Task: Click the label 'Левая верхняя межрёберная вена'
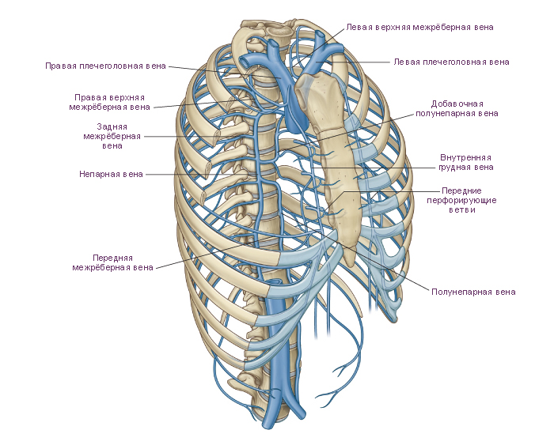pyautogui.click(x=419, y=27)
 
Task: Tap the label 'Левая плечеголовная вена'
pyautogui.click(x=452, y=62)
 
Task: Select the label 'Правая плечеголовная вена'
pyautogui.click(x=105, y=66)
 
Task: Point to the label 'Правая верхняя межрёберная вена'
pyautogui.click(x=109, y=102)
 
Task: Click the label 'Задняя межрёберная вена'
pyautogui.click(x=112, y=136)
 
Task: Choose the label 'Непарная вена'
pyautogui.click(x=111, y=174)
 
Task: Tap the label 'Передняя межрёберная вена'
pyautogui.click(x=112, y=263)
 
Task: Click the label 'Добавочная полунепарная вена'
pyautogui.click(x=457, y=109)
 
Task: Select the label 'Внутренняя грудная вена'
pyautogui.click(x=465, y=162)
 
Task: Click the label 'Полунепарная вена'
pyautogui.click(x=473, y=292)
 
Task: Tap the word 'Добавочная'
pyautogui.click(x=457, y=104)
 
